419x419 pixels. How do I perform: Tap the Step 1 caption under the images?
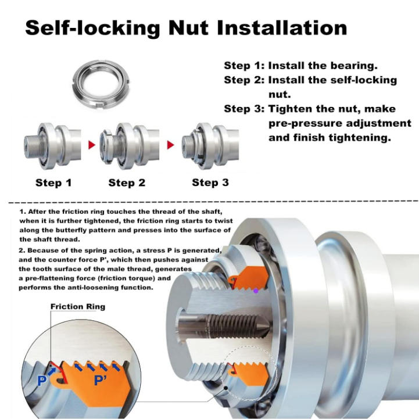click(x=53, y=182)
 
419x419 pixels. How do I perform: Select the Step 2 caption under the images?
click(x=127, y=182)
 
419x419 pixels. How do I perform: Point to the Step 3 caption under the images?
click(x=210, y=182)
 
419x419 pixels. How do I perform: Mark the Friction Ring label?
click(x=78, y=306)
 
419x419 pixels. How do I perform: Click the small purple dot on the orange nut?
click(x=256, y=289)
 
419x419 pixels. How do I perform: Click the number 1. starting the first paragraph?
click(x=22, y=213)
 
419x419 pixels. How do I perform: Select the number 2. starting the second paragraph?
click(x=22, y=250)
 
